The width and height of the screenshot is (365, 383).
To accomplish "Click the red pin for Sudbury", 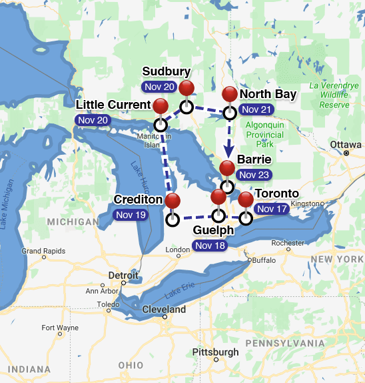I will pos(186,89).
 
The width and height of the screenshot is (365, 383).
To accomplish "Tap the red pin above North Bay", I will pos(230,95).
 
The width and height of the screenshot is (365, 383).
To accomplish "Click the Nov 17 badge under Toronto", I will pos(272,209).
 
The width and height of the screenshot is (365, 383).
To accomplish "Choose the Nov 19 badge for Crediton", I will pos(131,215).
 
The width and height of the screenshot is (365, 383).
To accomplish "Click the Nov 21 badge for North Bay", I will pos(257,109).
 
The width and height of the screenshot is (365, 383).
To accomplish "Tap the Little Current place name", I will pos(113,105).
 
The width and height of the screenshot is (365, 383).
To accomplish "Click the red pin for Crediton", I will pos(173,201).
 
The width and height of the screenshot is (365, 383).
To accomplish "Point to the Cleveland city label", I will pos(164,310).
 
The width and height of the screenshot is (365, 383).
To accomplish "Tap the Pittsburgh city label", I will pos(215,352).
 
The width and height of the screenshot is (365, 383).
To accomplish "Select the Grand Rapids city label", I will pos(43,251).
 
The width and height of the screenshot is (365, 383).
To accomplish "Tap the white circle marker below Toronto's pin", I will pos(246,218).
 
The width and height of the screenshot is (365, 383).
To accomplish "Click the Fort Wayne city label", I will pos(60,328).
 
